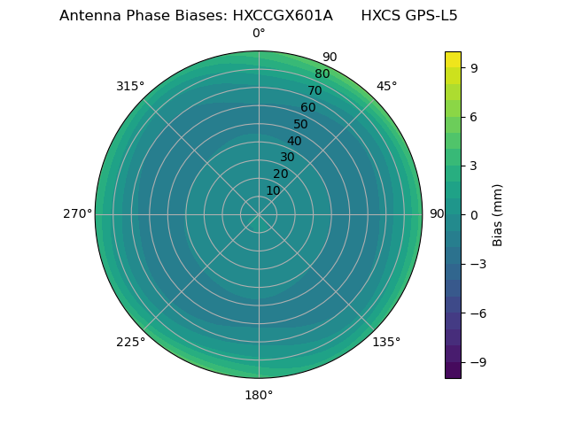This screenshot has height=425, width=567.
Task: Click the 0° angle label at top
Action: [x=259, y=34]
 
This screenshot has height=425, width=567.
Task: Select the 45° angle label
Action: [x=387, y=86]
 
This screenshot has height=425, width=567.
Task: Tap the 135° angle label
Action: [x=386, y=342]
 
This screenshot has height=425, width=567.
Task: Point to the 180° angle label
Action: [x=259, y=395]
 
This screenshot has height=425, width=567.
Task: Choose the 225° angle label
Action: [x=130, y=342]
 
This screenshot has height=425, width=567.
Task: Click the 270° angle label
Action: [x=77, y=214]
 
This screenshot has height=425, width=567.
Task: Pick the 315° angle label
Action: [x=130, y=86]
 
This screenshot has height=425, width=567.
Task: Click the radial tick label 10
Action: [x=273, y=190]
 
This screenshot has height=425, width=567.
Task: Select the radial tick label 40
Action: [x=294, y=141]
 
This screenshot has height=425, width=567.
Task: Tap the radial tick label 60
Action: [x=308, y=108]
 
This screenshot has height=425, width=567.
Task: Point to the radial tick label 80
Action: [x=322, y=74]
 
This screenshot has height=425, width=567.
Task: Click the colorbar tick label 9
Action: [x=475, y=67]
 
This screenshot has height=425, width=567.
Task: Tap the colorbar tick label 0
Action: [x=475, y=214]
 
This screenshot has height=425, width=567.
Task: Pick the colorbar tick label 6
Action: [x=475, y=116]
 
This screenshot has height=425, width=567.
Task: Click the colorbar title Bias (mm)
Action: [x=498, y=214]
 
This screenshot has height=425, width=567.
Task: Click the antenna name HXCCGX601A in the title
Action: [x=283, y=16]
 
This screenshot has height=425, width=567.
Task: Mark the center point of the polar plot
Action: [x=259, y=214]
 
